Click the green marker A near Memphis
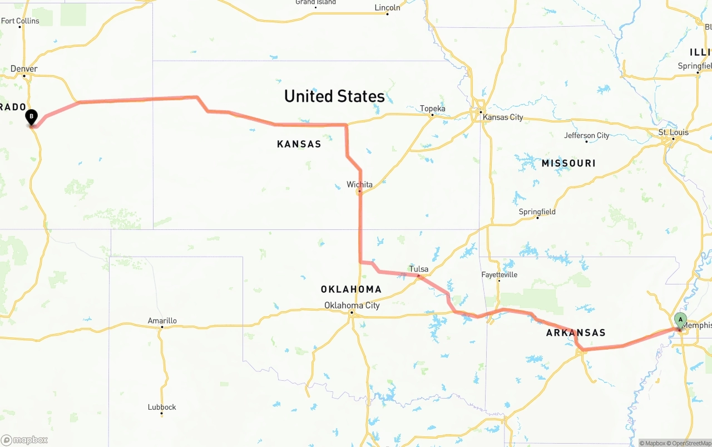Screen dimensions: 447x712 pyautogui.click(x=680, y=320)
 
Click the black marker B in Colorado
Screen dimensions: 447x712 pyautogui.click(x=32, y=117)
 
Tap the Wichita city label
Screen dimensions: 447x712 pyautogui.click(x=359, y=184)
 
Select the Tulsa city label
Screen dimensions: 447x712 pyautogui.click(x=419, y=269)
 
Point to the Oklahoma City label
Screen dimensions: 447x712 pyautogui.click(x=352, y=305)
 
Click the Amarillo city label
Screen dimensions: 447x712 pyautogui.click(x=162, y=321)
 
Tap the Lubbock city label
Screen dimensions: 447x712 pyautogui.click(x=162, y=407)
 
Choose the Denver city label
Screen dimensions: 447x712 pyautogui.click(x=24, y=69)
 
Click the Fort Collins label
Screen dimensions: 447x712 pyautogui.click(x=21, y=21)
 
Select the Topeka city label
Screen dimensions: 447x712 pyautogui.click(x=433, y=109)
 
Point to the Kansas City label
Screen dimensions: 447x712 pyautogui.click(x=503, y=117)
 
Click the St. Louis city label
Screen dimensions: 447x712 pyautogui.click(x=673, y=132)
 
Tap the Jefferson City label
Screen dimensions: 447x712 pyautogui.click(x=586, y=135)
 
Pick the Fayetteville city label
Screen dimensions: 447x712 pyautogui.click(x=499, y=274)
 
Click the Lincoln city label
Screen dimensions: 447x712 pyautogui.click(x=387, y=8)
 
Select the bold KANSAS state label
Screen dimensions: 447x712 pyautogui.click(x=299, y=144)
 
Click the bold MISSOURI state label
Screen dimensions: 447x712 pyautogui.click(x=568, y=163)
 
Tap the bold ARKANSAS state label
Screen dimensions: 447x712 pyautogui.click(x=576, y=332)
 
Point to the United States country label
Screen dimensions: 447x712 pyautogui.click(x=334, y=96)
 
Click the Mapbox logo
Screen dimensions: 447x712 pyautogui.click(x=24, y=440)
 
